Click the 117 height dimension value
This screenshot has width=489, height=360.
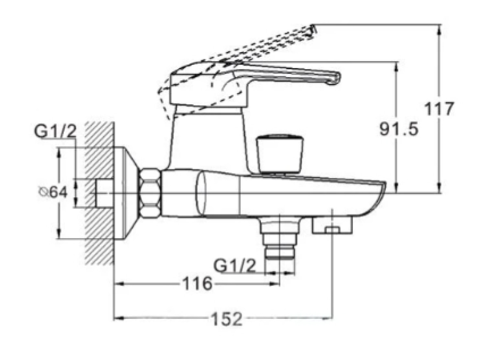[x=439, y=108]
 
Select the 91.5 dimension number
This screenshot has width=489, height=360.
[x=399, y=129]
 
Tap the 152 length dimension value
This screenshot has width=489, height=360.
[x=227, y=319]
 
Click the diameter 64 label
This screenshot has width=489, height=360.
[x=53, y=192]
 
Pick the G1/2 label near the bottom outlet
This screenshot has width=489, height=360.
[x=234, y=266]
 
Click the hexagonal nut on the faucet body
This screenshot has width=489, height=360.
[x=150, y=193]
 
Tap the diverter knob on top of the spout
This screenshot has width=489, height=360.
[x=280, y=154]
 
